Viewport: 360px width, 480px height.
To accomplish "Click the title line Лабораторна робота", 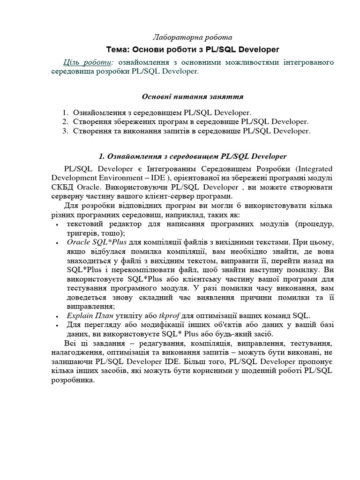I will coord(193,37).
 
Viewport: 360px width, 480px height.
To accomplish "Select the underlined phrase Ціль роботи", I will coord(88,62).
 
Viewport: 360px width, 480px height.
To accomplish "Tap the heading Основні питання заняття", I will coord(193,97).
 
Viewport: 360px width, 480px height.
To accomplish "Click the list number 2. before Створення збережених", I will coord(65,122).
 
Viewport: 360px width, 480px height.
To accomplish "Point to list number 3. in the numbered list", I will coord(65,131).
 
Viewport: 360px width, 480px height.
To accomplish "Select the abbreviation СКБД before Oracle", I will coord(63,187).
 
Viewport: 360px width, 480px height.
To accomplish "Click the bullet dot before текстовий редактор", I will coord(56,225).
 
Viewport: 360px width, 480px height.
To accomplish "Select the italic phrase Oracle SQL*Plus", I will coord(94,242).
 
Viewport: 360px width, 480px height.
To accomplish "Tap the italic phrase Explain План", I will coord(90,315).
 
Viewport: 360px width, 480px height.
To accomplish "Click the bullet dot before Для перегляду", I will coord(56,325).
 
